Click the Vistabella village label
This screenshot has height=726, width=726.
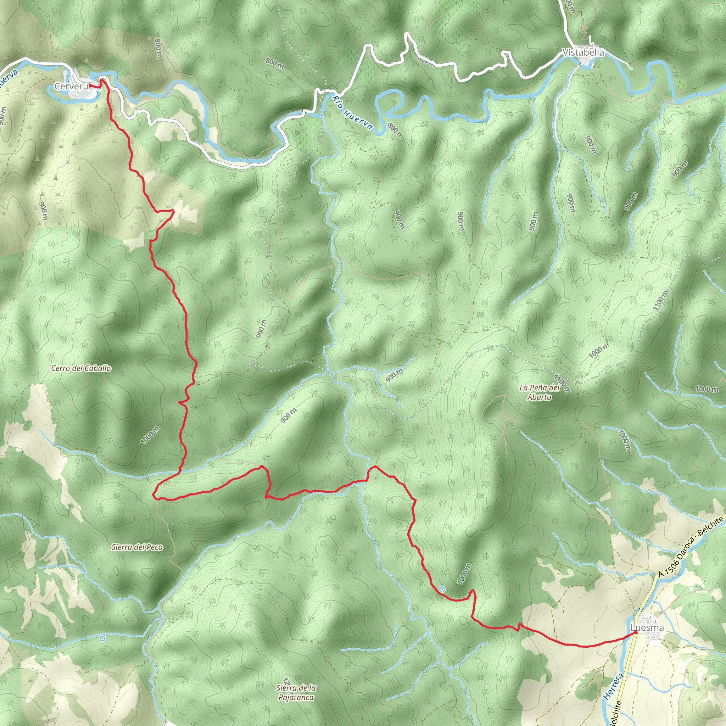click(583, 52)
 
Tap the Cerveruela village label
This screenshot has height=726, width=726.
click(77, 86)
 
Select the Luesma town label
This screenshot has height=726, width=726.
click(647, 627)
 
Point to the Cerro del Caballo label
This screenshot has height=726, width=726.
click(81, 368)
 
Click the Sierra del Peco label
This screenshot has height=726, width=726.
click(137, 547)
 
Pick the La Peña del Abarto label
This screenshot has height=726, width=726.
click(539, 392)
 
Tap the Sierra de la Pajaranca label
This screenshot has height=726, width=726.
click(296, 693)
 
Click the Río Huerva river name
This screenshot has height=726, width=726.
click(352, 112)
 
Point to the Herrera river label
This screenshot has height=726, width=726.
click(613, 686)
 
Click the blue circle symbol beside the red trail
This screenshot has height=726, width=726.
click(442, 589)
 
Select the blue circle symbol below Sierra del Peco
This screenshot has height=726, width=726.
click(102, 638)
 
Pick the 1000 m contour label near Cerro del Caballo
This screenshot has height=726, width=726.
click(150, 435)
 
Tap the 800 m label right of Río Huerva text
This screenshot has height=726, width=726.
click(395, 130)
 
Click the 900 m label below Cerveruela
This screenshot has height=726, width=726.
click(44, 211)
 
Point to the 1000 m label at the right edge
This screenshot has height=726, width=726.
click(707, 389)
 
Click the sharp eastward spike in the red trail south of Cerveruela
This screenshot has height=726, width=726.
click(173, 212)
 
